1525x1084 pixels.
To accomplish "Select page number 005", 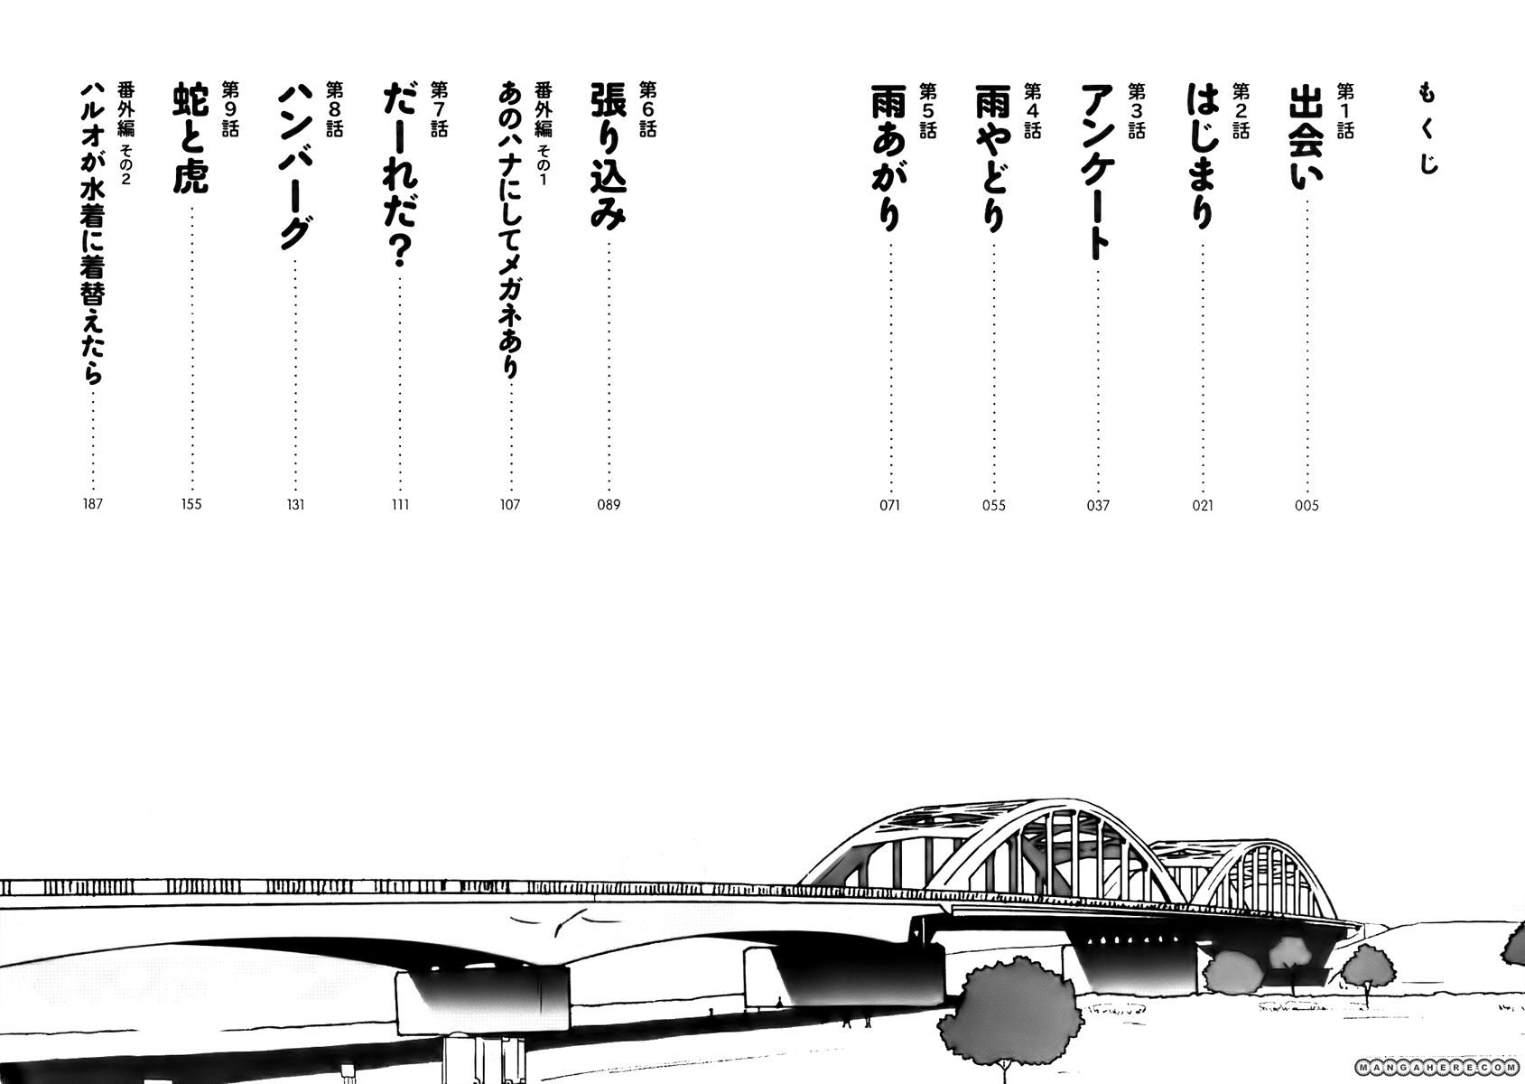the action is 1306,506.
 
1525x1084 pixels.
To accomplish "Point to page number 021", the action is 1203,506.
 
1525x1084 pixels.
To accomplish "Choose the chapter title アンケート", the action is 1097,173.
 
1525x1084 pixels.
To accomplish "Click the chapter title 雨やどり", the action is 993,158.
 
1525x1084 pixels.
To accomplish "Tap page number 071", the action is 890,506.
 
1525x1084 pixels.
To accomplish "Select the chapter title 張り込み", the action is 608,156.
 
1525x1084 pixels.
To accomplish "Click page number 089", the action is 609,505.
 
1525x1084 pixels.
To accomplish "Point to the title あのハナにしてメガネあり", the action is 510,229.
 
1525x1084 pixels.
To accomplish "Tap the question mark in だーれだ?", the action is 400,251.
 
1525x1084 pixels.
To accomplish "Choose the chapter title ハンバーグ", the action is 295,168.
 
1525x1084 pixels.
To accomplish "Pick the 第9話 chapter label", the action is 231,109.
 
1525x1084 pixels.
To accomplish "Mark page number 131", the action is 295,505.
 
